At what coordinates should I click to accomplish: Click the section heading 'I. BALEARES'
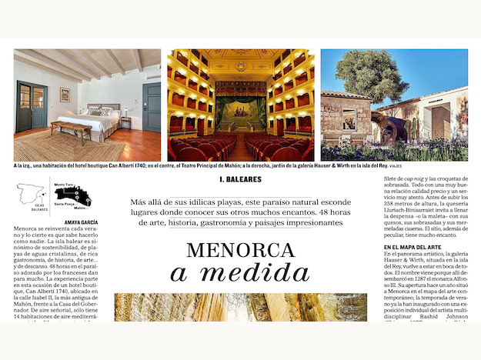[x=240, y=180]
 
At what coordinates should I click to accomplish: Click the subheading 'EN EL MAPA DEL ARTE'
[x=419, y=247]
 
